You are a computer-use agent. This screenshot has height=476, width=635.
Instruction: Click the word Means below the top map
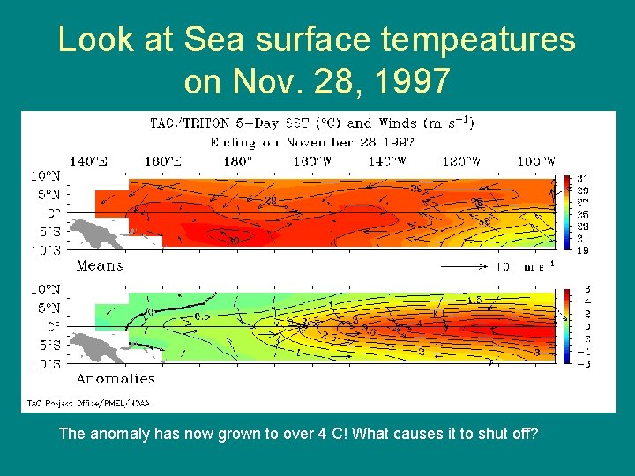(100, 265)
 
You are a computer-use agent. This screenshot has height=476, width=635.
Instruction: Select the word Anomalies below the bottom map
(116, 379)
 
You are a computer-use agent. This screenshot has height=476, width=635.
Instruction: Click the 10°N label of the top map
(47, 175)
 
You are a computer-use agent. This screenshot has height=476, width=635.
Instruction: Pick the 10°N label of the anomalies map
(47, 289)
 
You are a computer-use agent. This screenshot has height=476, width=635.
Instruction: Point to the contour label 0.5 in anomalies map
(202, 315)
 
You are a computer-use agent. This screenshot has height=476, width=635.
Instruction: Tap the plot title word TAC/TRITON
(190, 123)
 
